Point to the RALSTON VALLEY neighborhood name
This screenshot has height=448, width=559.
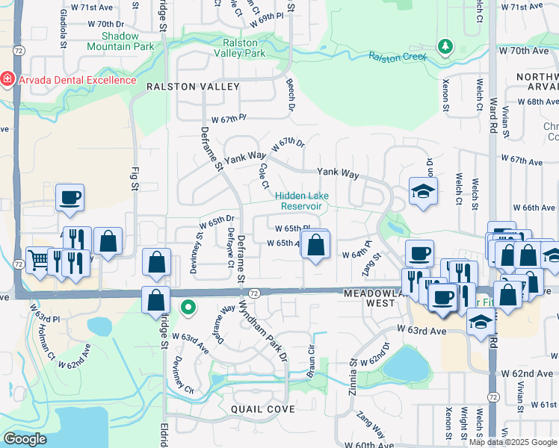(x=193, y=87)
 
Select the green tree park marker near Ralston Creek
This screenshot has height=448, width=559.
(x=445, y=47)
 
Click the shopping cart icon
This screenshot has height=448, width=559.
(x=38, y=259)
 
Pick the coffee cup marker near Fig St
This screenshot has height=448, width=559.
(x=70, y=197)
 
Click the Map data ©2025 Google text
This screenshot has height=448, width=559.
(x=513, y=442)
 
